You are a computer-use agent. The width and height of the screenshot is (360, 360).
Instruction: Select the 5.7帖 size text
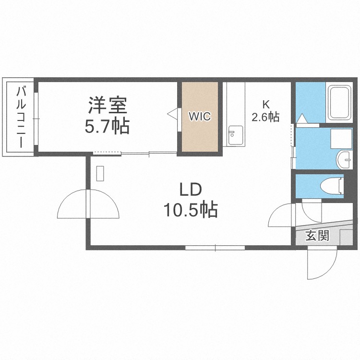107,126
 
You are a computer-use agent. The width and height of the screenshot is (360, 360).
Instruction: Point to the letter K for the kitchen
265,104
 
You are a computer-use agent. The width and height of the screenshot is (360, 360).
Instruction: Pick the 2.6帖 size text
265,117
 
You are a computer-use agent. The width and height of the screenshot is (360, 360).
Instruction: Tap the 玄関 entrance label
317,236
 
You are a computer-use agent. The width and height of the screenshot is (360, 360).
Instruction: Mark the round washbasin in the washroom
344,159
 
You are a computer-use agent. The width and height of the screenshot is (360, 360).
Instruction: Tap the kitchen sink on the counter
234,135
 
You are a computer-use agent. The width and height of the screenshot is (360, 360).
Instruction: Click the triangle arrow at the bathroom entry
302,119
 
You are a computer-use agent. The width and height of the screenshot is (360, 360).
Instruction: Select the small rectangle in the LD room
100,173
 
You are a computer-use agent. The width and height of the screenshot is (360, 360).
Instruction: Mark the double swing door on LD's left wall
88,205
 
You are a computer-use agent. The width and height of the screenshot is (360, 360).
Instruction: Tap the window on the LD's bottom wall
215,248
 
